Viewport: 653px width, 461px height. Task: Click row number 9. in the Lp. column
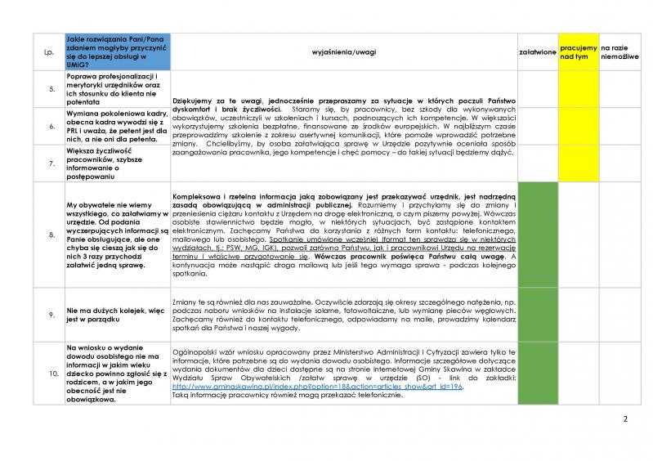48,312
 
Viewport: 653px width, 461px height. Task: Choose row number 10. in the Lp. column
48,373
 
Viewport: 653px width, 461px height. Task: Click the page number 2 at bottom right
625,420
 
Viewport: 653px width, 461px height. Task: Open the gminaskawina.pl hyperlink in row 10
318,386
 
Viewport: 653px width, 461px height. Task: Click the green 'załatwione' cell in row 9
537,312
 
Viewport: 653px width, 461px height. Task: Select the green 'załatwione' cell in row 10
537,373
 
